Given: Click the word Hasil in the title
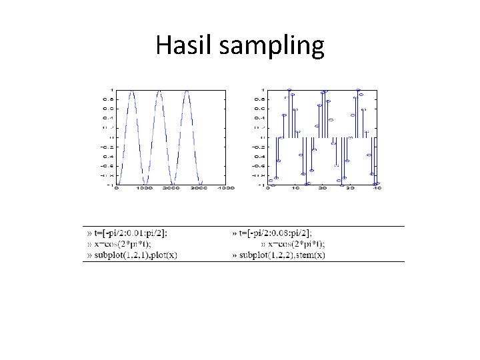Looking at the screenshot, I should tap(177, 45).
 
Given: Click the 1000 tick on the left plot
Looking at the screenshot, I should tap(144, 189).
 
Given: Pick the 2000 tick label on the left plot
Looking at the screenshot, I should tap(171, 189).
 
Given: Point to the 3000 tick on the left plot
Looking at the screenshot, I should tap(199, 189).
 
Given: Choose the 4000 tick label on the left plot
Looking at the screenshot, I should tap(226, 189).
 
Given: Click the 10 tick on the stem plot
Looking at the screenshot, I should tap(295, 189).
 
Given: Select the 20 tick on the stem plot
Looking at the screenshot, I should tap(322, 189).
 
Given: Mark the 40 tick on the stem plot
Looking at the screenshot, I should tap(377, 189).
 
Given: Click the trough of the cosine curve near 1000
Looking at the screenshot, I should tap(145, 184).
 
